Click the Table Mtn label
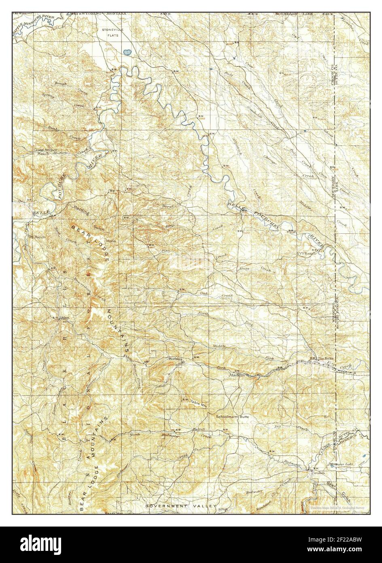tap(199, 402)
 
